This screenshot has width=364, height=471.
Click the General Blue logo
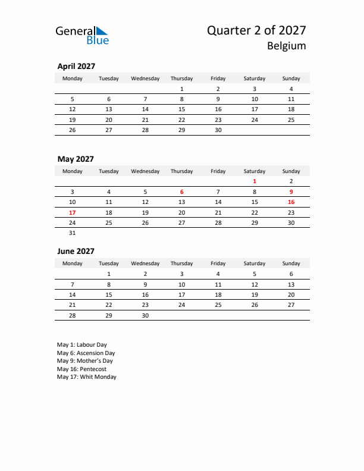pos(82,35)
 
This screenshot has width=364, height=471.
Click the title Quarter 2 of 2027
pos(256,30)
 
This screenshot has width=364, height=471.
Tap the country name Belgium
pos(286,46)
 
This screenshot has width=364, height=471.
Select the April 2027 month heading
pos(76,67)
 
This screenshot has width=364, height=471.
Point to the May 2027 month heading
pos(76,159)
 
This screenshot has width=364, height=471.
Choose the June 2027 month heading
pos(76,251)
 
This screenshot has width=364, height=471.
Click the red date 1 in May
pos(255,181)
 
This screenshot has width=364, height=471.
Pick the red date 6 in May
pos(181,192)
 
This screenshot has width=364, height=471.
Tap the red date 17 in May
pos(73,212)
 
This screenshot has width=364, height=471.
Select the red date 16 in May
pos(291,202)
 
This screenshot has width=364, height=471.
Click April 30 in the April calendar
pos(218,130)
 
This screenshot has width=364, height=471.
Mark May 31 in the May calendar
pos(73,233)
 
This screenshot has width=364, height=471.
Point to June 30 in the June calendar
pos(145,315)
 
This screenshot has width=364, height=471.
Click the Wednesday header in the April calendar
pos(145,78)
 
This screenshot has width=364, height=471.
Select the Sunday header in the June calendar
pos(291,263)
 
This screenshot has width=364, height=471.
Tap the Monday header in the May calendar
pos(73,171)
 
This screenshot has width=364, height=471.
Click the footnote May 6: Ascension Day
pos(86,353)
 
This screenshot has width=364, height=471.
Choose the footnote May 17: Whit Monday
pos(87,377)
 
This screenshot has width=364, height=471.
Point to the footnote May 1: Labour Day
pos(82,345)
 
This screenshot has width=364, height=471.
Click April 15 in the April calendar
pos(181,109)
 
